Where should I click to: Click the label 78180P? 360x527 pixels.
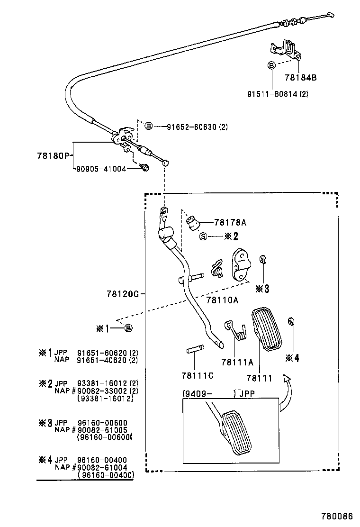click(53, 155)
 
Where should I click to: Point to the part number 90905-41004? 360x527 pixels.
click(101, 168)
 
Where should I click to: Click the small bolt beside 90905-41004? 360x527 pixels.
click(144, 167)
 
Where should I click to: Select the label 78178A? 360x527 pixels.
click(230, 222)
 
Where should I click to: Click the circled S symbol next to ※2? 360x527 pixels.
click(203, 236)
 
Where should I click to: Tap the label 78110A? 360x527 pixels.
click(222, 299)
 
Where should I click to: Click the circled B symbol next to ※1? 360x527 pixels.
click(128, 328)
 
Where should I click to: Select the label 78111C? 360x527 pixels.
click(197, 375)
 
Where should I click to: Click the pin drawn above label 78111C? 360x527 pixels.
click(194, 350)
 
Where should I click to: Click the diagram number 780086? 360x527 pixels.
click(337, 515)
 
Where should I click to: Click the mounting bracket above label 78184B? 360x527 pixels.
click(284, 49)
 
